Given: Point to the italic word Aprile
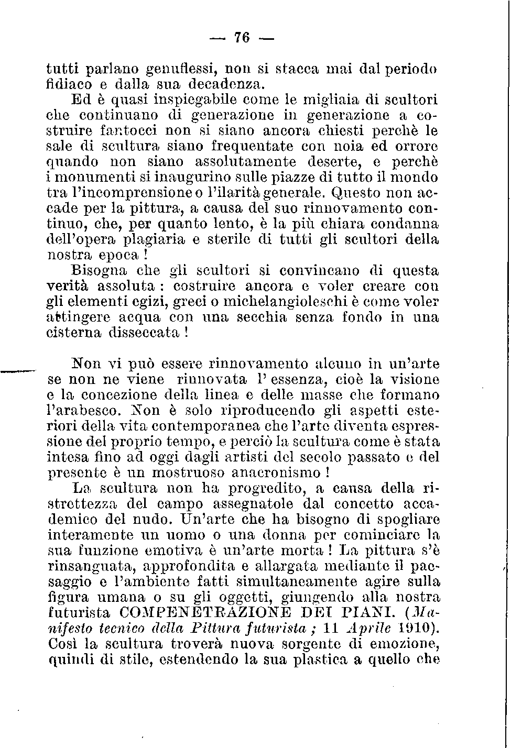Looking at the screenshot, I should (x=374, y=628).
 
